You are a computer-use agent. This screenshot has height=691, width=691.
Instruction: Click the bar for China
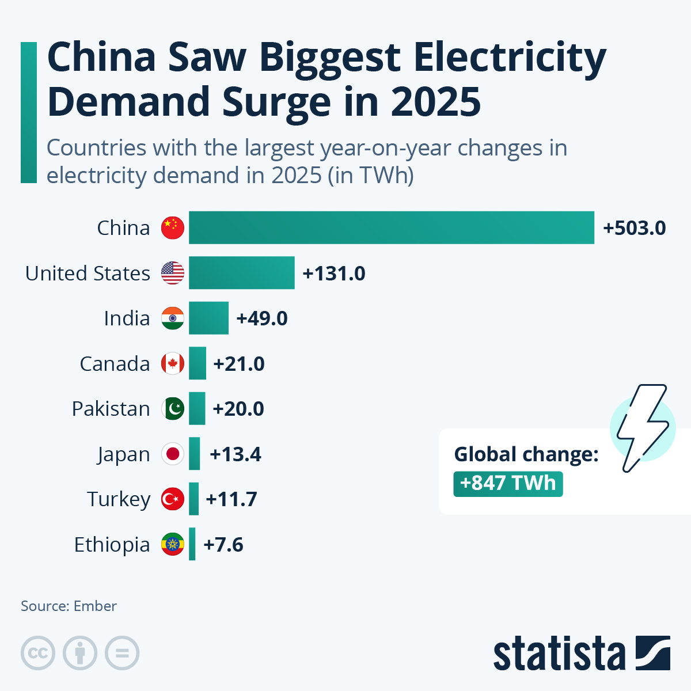click(x=392, y=227)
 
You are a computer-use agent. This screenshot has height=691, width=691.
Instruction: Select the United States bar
click(x=242, y=273)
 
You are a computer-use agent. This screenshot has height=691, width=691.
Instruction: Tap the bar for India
click(x=208, y=318)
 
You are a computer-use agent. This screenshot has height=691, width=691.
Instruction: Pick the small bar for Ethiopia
click(x=192, y=544)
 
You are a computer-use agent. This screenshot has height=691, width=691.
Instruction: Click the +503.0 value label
click(x=634, y=228)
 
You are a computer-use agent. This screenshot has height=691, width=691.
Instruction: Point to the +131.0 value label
click(x=334, y=274)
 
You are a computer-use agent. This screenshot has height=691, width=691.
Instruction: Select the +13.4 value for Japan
click(x=236, y=454)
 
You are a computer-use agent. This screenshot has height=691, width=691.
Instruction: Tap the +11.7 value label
click(x=231, y=499)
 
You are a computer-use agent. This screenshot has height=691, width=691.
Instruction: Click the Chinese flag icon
click(x=173, y=228)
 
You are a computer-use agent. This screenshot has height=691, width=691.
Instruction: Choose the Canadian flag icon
click(x=173, y=363)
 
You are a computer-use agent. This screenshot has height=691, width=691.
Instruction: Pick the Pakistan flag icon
click(x=173, y=409)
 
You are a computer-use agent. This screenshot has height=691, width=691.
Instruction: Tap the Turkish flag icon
click(x=173, y=499)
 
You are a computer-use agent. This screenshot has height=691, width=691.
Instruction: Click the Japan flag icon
click(x=173, y=454)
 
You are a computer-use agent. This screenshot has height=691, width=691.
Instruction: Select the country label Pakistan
click(x=111, y=409)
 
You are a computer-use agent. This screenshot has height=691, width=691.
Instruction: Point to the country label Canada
click(x=115, y=364)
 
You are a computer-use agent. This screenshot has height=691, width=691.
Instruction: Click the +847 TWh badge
click(x=508, y=483)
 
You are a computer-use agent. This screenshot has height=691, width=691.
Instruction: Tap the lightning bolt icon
click(x=642, y=427)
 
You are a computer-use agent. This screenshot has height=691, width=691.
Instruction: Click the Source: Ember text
click(x=69, y=606)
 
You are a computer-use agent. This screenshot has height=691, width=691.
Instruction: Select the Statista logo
click(x=582, y=654)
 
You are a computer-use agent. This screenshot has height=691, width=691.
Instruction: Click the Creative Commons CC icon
click(x=38, y=654)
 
